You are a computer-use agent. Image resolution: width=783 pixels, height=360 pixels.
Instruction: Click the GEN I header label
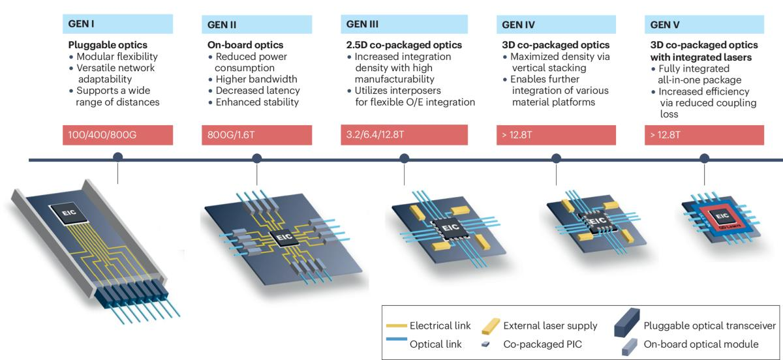click(83, 24)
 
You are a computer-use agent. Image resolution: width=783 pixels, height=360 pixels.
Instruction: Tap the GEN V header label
click(666, 25)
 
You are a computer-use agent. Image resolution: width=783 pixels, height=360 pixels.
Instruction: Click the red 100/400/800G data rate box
click(118, 135)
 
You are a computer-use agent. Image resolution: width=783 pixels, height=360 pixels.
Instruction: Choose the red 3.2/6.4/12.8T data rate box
click(403, 135)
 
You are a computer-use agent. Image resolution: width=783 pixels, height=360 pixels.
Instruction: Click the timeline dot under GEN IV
click(557, 158)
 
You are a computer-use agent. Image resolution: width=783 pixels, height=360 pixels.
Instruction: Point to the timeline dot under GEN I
click(118, 158)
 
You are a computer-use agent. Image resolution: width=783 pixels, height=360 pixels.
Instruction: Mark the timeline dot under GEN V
click(705, 158)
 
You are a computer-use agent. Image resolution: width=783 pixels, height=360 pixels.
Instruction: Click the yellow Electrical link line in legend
click(398, 325)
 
